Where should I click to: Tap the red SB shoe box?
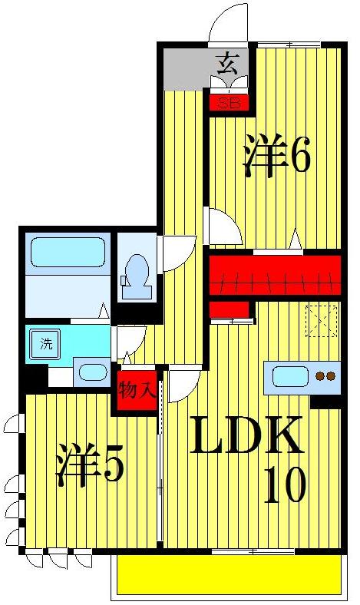tap(228, 102)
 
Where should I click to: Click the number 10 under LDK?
tap(284, 484)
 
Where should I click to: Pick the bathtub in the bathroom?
tap(68, 252)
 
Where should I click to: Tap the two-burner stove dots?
tap(326, 376)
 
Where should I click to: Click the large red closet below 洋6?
tap(275, 274)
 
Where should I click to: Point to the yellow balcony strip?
tap(229, 574)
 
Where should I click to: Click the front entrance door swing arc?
tap(230, 23)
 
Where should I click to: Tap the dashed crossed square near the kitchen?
tap(322, 320)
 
